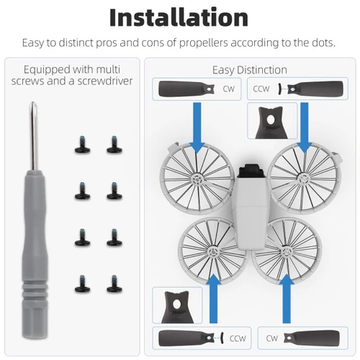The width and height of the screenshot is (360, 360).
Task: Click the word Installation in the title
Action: [x=179, y=17]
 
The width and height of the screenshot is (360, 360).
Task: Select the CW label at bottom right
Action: [x=272, y=337]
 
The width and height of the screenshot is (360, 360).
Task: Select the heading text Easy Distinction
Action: [x=249, y=70]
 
